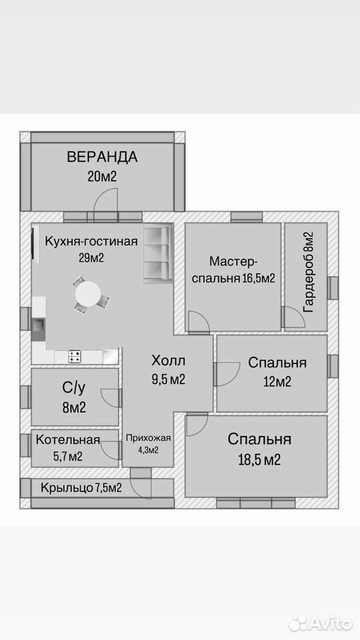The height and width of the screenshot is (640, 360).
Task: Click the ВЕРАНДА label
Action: pos(102,157)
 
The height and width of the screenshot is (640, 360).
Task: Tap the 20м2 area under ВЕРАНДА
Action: pos(102,176)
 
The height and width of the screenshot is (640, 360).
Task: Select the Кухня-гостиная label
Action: pos(91,241)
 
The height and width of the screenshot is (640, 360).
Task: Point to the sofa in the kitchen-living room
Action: pos(158,253)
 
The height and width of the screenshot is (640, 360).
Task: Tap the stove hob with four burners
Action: pos(74,356)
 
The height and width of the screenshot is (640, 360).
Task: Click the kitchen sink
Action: pos(39,325)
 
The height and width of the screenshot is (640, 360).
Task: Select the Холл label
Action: pos(168,361)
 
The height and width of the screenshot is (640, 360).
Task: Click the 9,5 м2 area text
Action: pos(168,379)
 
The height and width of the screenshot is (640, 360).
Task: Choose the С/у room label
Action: pos(74,389)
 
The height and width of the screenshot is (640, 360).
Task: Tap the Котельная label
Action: pos(68,439)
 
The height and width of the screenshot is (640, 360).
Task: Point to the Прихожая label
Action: pos(148,439)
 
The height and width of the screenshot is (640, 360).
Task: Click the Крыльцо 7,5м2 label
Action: pos(81,487)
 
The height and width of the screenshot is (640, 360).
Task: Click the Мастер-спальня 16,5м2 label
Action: pos(233,270)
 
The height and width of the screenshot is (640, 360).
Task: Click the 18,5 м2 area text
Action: pos(259,460)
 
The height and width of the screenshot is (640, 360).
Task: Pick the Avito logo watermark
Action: pos(321,623)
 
